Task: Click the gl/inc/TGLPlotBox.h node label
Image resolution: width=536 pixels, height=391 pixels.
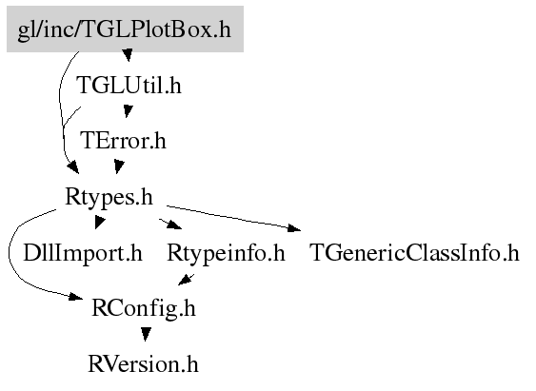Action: click(x=125, y=29)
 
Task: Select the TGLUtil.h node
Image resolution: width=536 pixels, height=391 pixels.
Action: click(x=129, y=85)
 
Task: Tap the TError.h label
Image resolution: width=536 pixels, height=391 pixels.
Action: click(x=123, y=141)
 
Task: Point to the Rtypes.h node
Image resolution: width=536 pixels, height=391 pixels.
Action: click(x=109, y=197)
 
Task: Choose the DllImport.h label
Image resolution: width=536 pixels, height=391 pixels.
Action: click(x=83, y=253)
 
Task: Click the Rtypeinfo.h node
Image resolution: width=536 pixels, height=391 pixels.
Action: click(x=226, y=253)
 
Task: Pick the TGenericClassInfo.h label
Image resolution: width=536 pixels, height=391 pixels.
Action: click(x=414, y=253)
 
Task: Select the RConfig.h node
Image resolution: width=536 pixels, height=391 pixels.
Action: click(x=144, y=308)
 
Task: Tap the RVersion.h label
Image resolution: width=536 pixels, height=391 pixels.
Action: click(x=143, y=364)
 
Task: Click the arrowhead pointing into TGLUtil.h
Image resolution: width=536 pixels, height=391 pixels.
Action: click(x=128, y=55)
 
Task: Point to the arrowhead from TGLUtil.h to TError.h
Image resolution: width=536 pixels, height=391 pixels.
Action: click(x=128, y=110)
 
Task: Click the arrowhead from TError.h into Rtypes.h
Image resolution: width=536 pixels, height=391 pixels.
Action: click(x=119, y=166)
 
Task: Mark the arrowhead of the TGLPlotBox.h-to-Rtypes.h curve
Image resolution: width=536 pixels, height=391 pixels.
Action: click(x=72, y=167)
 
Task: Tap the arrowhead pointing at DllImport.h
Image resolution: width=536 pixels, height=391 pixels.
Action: click(x=99, y=223)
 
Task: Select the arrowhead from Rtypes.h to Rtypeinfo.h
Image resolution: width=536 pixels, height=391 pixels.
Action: click(x=174, y=225)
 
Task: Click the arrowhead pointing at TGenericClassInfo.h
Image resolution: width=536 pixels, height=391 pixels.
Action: click(x=294, y=228)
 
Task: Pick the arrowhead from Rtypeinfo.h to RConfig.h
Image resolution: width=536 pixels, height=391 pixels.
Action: click(x=185, y=280)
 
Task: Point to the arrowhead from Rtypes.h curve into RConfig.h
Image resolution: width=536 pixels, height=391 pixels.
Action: click(x=76, y=296)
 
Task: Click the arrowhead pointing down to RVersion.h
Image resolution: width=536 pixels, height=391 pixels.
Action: click(x=146, y=334)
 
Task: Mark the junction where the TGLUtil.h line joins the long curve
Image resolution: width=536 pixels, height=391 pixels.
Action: click(x=63, y=127)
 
